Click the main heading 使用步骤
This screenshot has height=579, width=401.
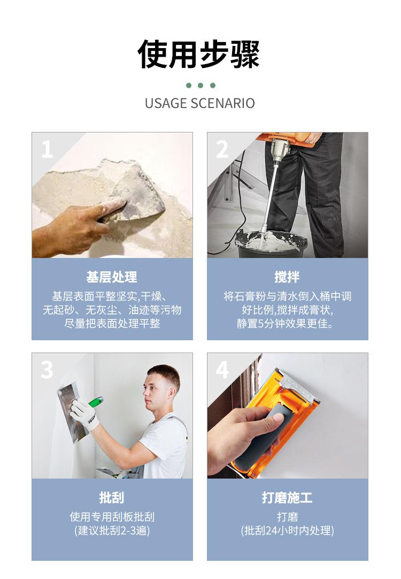click(199, 54)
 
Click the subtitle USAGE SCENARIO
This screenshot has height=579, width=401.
click(200, 103)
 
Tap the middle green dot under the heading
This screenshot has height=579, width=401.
click(200, 85)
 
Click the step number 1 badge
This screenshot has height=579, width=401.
click(47, 149)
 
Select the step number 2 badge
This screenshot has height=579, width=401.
click(222, 149)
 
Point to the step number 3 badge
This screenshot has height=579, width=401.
click(47, 370)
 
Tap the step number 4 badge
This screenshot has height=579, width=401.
click(222, 370)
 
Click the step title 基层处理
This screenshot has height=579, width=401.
click(112, 277)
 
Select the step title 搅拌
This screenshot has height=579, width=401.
click(287, 277)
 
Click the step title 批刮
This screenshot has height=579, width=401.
click(112, 498)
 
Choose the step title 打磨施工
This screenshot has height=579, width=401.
click(287, 498)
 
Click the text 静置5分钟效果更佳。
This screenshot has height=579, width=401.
click(287, 324)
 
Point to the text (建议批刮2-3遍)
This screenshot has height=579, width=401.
click(112, 531)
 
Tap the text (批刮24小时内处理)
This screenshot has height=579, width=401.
click(287, 531)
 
